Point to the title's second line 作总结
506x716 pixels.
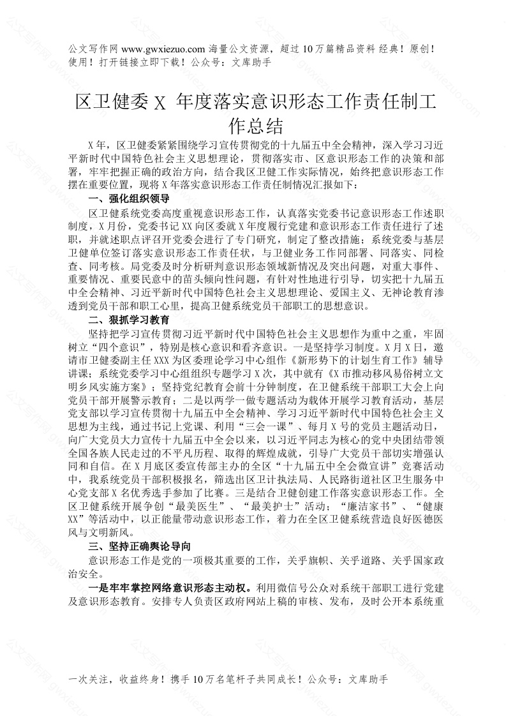[x=253, y=123]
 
